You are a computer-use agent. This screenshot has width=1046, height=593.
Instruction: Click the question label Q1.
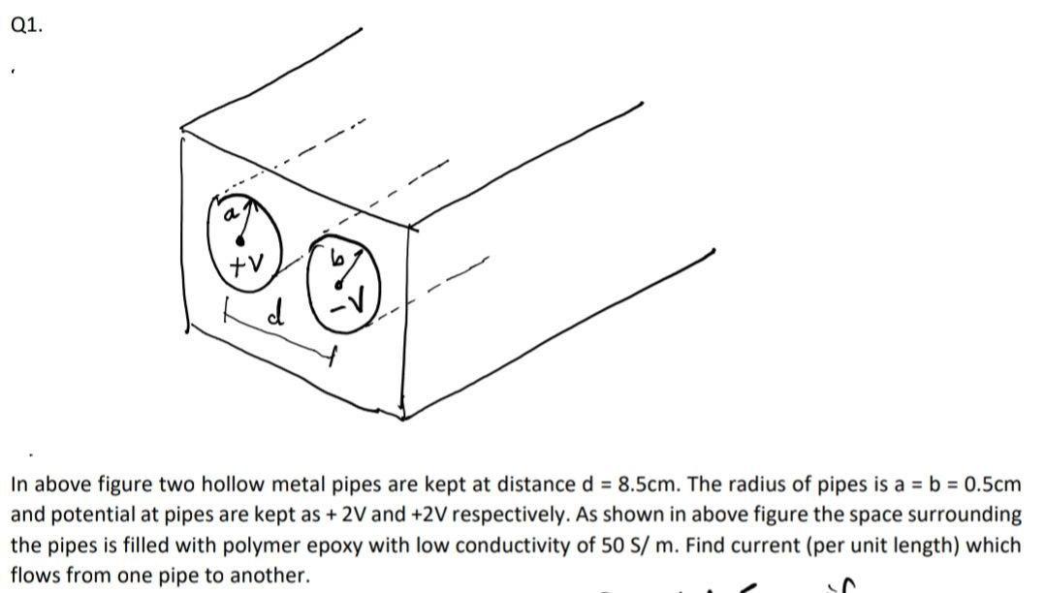pyautogui.click(x=26, y=26)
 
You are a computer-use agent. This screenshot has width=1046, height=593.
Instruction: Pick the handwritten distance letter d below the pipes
pyautogui.click(x=276, y=315)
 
